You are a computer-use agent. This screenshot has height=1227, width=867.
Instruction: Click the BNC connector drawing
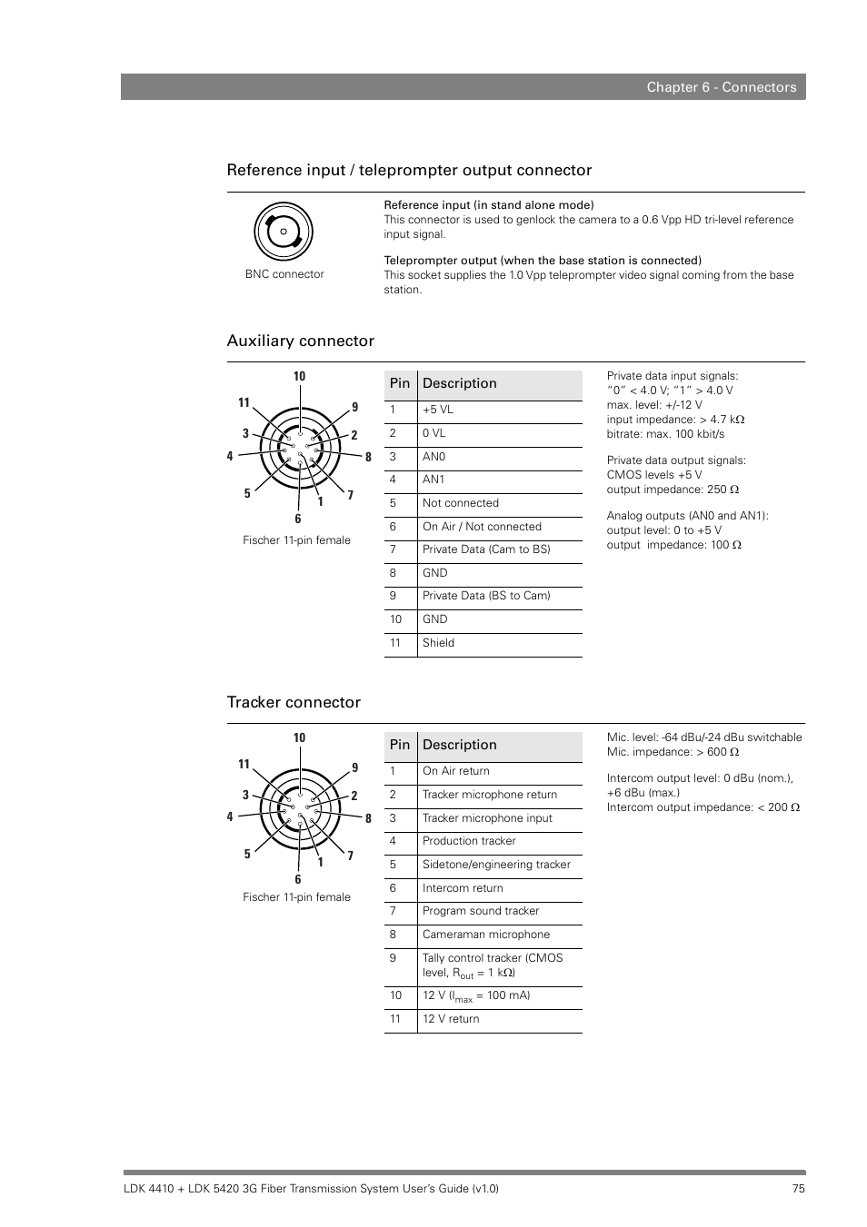click(x=284, y=232)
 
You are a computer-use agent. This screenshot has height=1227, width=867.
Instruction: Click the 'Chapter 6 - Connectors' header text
click(x=721, y=87)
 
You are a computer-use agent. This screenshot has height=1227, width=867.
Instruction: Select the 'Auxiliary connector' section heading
click(x=300, y=341)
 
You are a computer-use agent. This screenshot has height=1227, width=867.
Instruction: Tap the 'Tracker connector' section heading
click(x=294, y=702)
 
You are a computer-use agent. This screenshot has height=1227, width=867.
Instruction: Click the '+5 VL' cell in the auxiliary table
click(x=437, y=410)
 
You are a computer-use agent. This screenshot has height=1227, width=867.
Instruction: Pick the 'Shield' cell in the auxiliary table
click(x=438, y=643)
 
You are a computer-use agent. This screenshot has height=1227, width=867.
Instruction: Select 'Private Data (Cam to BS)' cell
click(x=485, y=549)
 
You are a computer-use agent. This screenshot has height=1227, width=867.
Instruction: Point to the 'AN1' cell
click(x=433, y=480)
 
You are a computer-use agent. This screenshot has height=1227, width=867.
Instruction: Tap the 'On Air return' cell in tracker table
click(x=455, y=771)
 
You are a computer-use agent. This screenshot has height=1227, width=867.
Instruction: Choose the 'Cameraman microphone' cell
click(x=485, y=935)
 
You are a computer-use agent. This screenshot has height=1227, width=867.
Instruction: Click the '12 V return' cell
click(x=450, y=1019)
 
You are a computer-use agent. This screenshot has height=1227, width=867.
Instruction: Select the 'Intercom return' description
click(x=462, y=888)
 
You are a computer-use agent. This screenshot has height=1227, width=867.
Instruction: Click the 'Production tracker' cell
click(x=468, y=841)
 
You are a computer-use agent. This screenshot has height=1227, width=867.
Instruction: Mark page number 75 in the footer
click(x=798, y=1189)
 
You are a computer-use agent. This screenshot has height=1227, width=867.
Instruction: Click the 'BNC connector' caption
click(x=284, y=274)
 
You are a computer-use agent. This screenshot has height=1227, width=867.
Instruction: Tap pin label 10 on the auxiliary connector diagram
click(x=299, y=376)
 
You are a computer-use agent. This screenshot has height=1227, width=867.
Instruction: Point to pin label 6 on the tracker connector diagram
click(x=297, y=879)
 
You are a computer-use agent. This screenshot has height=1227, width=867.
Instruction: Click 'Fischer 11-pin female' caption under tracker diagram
click(x=296, y=897)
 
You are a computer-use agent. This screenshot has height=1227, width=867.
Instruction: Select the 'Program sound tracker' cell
click(x=480, y=911)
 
